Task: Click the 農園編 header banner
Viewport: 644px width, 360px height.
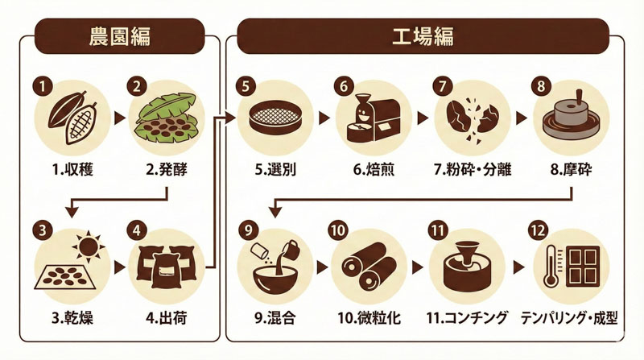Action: pyautogui.click(x=119, y=35)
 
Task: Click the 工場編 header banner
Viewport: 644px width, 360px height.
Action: pyautogui.click(x=423, y=35)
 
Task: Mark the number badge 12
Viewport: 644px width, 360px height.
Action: pyautogui.click(x=537, y=230)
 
